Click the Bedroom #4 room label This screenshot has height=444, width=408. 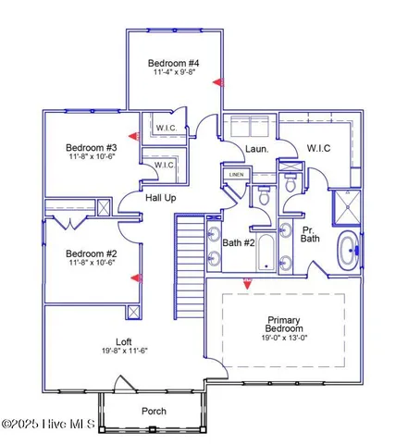click(x=174, y=64)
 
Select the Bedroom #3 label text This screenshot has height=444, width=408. click(x=90, y=148)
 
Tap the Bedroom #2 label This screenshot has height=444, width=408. click(x=90, y=253)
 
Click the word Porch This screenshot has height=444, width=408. click(x=154, y=411)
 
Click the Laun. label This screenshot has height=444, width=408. click(x=256, y=150)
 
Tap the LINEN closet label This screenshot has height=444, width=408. click(x=237, y=174)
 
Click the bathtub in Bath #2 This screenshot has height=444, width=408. click(x=266, y=252)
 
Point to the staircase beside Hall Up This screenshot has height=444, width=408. click(x=189, y=244)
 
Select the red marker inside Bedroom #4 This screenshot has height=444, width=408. click(x=218, y=82)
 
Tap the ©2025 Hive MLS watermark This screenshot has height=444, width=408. click(x=44, y=424)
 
